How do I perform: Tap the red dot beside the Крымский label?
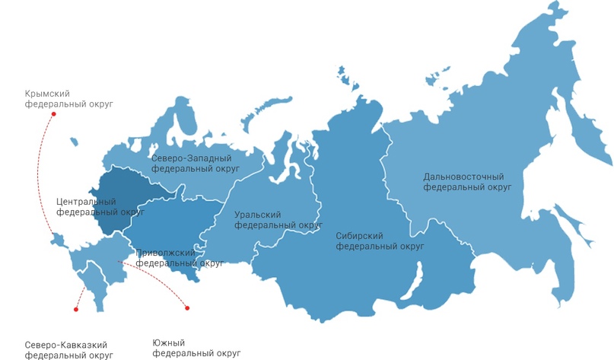pyautogui.click(x=53, y=114)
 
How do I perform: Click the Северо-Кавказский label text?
pyautogui.click(x=65, y=344)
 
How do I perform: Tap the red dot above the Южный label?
pyautogui.click(x=186, y=308)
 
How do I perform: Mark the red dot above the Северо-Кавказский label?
pyautogui.click(x=75, y=310)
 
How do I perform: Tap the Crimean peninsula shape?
pyautogui.click(x=59, y=241)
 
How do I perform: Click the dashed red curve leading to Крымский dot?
pyautogui.click(x=43, y=175)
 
